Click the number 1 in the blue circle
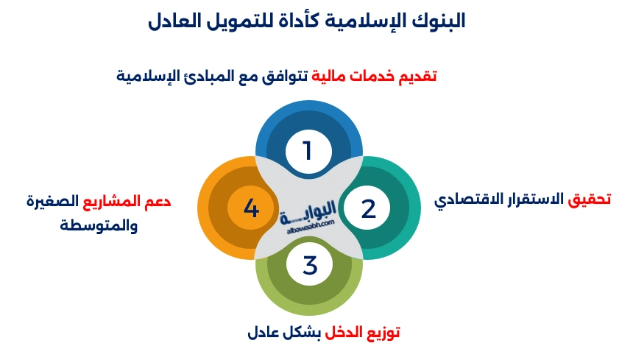click(308, 151)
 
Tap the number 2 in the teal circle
click(369, 208)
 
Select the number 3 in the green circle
click(310, 265)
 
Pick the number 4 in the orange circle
click(251, 208)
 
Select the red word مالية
click(324, 76)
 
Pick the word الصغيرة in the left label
click(52, 201)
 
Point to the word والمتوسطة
click(99, 225)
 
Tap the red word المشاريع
click(107, 201)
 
